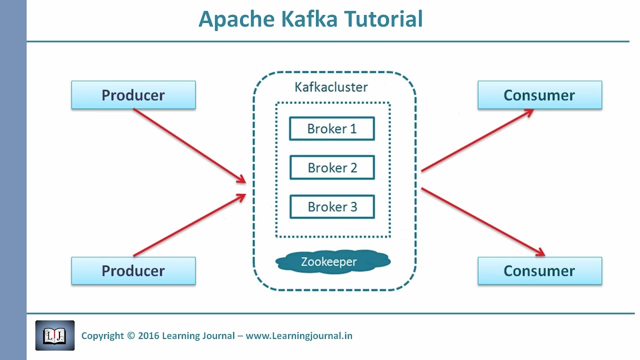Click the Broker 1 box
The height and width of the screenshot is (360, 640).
[332, 129]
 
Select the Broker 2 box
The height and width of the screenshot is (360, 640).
[332, 168]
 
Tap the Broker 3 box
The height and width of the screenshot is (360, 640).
[332, 207]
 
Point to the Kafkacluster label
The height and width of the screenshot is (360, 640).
[331, 87]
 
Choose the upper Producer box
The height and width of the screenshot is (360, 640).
[133, 95]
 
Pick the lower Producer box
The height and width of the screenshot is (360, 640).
[133, 271]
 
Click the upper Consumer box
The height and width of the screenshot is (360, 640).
[539, 95]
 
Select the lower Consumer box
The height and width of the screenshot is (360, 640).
[539, 271]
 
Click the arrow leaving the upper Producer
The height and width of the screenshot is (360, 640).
[190, 145]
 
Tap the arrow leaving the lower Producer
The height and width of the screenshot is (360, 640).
[190, 225]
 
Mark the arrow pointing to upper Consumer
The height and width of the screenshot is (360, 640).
[477, 140]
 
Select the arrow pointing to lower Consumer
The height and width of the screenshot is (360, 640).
[482, 221]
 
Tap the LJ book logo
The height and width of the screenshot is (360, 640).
[55, 335]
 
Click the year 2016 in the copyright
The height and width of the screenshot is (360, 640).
[148, 336]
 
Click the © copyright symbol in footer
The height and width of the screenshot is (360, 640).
[131, 336]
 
